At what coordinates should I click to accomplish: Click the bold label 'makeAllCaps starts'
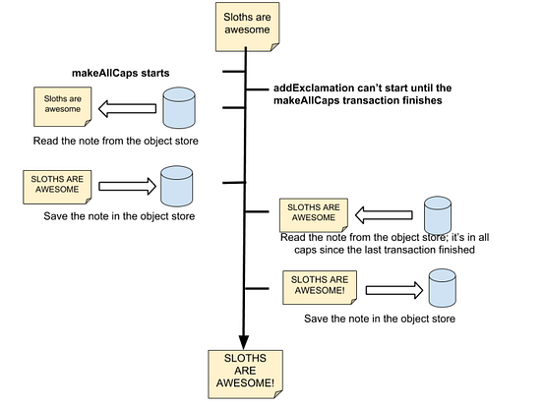pos(120,74)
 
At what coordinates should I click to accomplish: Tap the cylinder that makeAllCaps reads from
pos(177,108)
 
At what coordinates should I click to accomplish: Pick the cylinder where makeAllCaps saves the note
pos(175,185)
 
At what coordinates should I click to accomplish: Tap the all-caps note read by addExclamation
pos(310,213)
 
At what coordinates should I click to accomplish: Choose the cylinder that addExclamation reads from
pos(437,214)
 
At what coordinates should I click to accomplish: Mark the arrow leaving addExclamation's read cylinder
pos(384,214)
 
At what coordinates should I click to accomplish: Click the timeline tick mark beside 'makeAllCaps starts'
pos(233,72)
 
